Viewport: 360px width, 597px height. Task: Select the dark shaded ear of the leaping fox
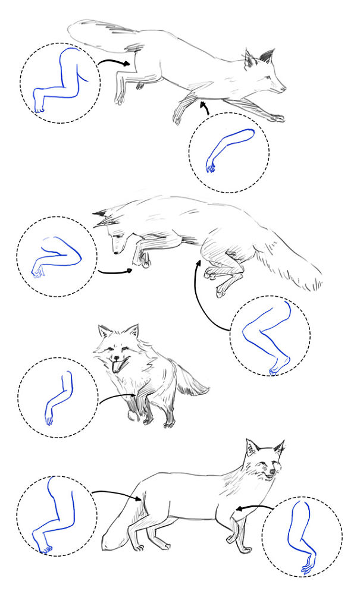pyautogui.click(x=266, y=57)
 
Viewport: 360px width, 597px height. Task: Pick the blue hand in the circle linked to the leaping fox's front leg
pyautogui.click(x=210, y=165)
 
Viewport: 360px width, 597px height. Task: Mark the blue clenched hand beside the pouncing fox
pyautogui.click(x=38, y=272)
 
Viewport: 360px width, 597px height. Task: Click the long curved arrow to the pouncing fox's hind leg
pyautogui.click(x=199, y=297)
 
